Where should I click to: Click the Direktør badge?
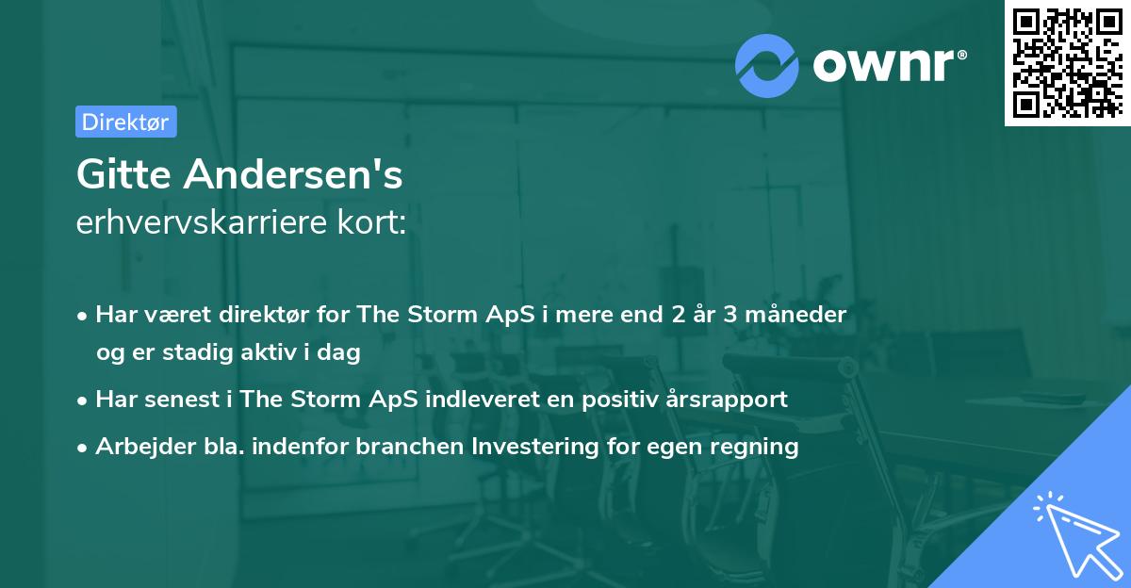(125, 122)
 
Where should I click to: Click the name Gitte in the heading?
(124, 175)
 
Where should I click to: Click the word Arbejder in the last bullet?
(141, 446)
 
